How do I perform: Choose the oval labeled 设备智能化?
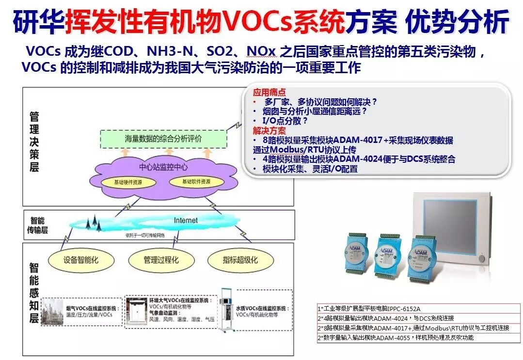pos(81,260)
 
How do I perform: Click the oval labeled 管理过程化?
pos(161,260)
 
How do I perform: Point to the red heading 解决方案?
pos(269,130)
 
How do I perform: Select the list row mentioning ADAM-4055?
pos(396,338)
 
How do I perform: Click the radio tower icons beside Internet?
pos(93,223)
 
